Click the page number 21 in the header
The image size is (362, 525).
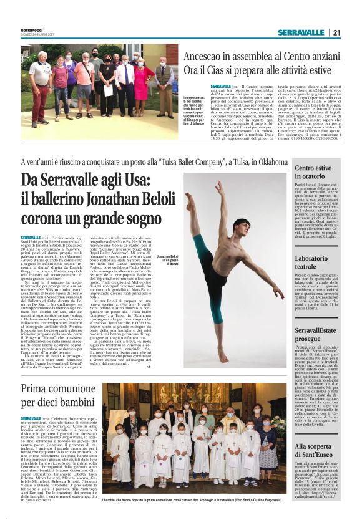[x=336, y=32]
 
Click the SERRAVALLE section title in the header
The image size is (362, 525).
[x=301, y=32]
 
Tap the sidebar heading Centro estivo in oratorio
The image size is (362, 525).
[x=316, y=173]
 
